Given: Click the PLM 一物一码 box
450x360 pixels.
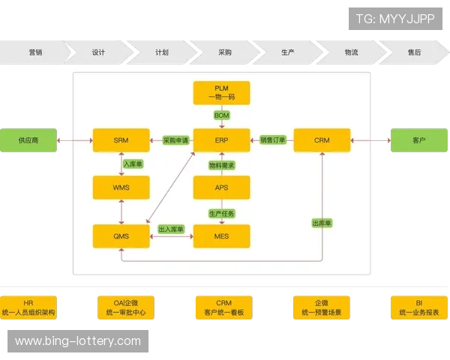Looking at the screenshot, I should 221,93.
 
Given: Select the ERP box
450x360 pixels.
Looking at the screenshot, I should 221,140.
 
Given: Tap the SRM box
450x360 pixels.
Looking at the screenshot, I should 121,140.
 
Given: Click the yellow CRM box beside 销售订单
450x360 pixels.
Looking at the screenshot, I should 322,140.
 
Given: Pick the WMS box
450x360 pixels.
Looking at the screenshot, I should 121,187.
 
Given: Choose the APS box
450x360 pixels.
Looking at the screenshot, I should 221,187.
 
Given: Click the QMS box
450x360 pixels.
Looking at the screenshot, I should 121,235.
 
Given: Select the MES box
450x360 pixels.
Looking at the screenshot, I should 221,235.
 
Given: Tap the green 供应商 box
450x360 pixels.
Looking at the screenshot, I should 28,140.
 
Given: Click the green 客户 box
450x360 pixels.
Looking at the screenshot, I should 418,140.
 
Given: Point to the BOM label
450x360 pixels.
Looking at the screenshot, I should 221,115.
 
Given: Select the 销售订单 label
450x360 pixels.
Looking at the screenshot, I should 272,140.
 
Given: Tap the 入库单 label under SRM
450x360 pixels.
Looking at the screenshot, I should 133,163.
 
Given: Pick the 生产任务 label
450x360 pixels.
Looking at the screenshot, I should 221,213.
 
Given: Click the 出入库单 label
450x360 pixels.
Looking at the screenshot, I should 171,229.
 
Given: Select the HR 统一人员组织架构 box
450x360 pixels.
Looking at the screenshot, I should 28,307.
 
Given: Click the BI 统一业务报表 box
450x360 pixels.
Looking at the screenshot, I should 418,307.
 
